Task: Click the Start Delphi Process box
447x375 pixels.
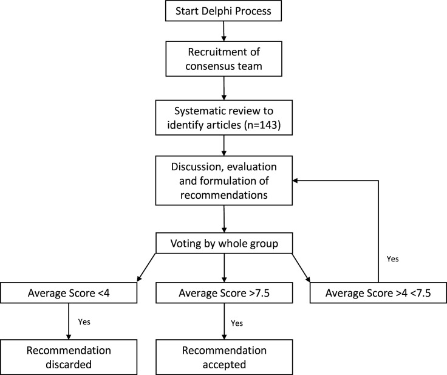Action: coord(223,11)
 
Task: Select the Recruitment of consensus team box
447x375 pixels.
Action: coord(223,59)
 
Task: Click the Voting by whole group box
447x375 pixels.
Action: coord(224,243)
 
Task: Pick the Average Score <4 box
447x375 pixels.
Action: coord(69,293)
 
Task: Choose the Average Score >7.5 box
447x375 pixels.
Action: coord(224,293)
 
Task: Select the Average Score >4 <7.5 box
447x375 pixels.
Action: coord(378,293)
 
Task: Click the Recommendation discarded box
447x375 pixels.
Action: coord(69,357)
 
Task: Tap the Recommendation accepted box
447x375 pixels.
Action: coord(224,357)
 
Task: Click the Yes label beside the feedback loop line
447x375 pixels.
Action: coord(392,259)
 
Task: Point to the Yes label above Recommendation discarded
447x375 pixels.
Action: coord(84,322)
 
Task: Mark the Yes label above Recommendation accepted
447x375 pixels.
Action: coord(237,323)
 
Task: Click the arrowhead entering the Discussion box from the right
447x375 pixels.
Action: coord(295,181)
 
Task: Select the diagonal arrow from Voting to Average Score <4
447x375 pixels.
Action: coord(146,267)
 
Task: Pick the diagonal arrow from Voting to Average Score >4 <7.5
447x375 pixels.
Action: coord(301,267)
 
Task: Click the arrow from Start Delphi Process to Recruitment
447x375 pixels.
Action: coord(223,31)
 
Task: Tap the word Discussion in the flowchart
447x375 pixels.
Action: coord(196,167)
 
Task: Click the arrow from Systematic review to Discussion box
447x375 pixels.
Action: coord(223,145)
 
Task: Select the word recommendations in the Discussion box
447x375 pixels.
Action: coord(224,195)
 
